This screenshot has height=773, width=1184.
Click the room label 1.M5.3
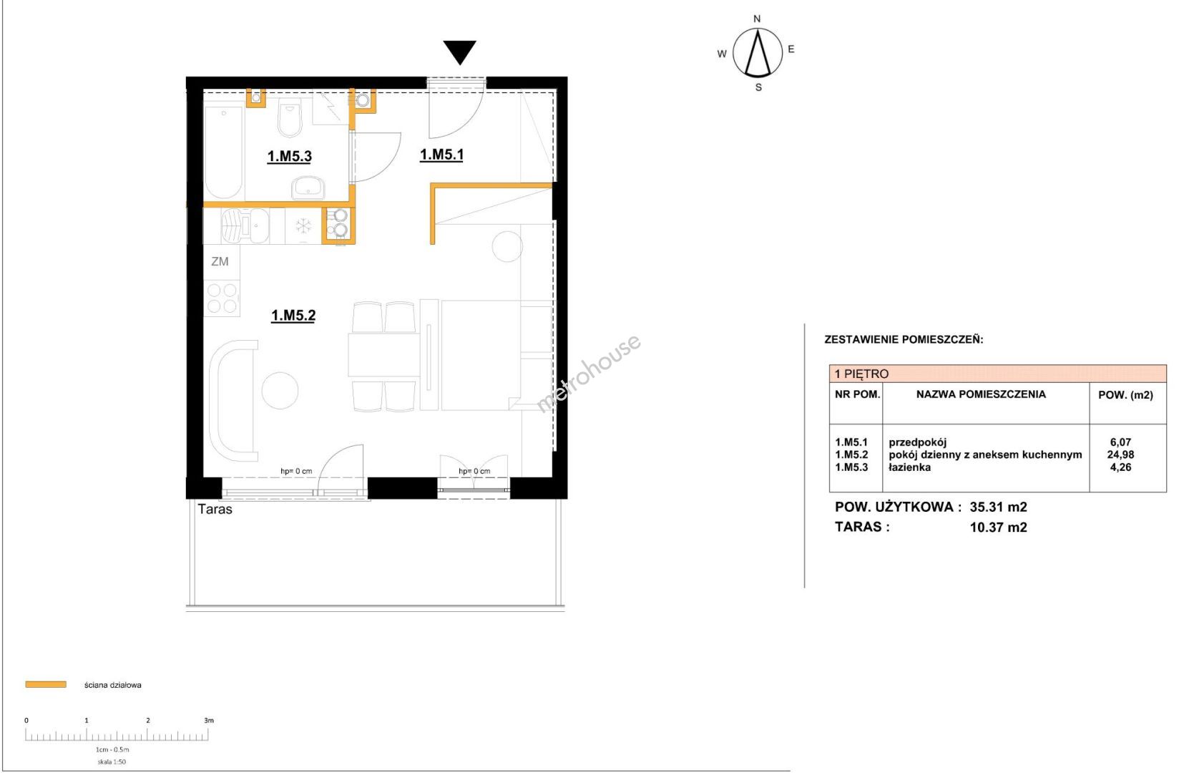tap(289, 157)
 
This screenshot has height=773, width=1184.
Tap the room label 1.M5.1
tap(441, 155)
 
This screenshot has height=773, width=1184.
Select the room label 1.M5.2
tap(293, 316)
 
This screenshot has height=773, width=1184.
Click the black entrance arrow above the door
tap(459, 52)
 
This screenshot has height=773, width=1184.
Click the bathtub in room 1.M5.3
tap(224, 152)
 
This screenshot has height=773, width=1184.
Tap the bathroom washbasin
tap(308, 188)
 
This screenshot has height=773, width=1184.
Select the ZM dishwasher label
tap(220, 261)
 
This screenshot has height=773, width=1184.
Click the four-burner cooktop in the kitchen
tap(222, 298)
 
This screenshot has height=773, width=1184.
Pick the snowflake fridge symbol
tap(303, 226)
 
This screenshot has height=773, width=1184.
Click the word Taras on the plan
tap(215, 509)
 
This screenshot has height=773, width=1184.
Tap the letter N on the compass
tap(757, 19)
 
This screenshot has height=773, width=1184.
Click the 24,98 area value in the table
tap(1120, 454)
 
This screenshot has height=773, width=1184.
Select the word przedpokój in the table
tap(918, 442)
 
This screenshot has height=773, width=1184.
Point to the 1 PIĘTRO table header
tap(861, 374)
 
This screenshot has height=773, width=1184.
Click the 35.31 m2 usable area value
tap(999, 507)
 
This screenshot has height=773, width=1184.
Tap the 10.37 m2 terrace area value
tap(999, 527)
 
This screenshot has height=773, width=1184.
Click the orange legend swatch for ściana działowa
tap(46, 685)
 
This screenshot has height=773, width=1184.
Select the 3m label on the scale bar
tap(209, 720)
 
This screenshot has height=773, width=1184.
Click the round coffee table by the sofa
tap(280, 391)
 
